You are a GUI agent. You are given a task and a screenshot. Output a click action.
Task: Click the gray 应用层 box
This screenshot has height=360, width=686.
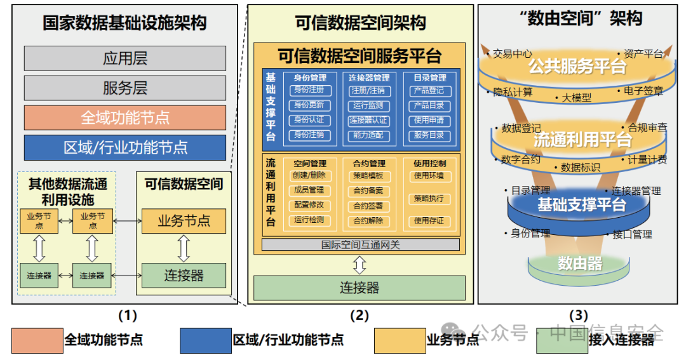tap(124, 58)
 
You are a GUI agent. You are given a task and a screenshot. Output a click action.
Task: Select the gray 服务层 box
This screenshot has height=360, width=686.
tap(124, 88)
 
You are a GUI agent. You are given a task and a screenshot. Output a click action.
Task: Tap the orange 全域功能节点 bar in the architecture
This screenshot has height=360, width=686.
tap(124, 117)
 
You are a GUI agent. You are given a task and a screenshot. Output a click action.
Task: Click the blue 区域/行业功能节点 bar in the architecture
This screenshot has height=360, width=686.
tap(124, 147)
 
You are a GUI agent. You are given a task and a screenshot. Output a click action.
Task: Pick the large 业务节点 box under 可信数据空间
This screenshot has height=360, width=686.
tap(184, 221)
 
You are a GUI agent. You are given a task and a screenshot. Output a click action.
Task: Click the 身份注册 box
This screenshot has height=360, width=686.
tap(309, 90)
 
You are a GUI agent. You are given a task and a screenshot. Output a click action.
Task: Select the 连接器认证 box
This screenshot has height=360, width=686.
tap(368, 121)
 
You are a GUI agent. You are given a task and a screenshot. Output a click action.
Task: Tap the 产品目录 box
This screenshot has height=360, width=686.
tap(429, 105)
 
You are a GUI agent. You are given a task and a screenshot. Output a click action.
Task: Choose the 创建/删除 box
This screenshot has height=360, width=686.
tap(309, 176)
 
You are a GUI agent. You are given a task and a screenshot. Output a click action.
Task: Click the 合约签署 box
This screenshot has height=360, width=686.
tap(368, 206)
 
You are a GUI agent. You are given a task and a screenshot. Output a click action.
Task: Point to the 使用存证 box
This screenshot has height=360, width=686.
tap(429, 221)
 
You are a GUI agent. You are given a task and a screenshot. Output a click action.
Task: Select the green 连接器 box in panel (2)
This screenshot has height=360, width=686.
tap(360, 288)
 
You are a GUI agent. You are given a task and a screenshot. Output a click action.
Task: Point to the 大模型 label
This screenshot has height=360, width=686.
tap(576, 98)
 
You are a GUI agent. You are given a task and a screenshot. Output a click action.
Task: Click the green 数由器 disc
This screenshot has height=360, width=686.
tap(579, 263)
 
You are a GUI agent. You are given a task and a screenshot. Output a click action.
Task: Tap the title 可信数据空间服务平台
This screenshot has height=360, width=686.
tap(360, 55)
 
